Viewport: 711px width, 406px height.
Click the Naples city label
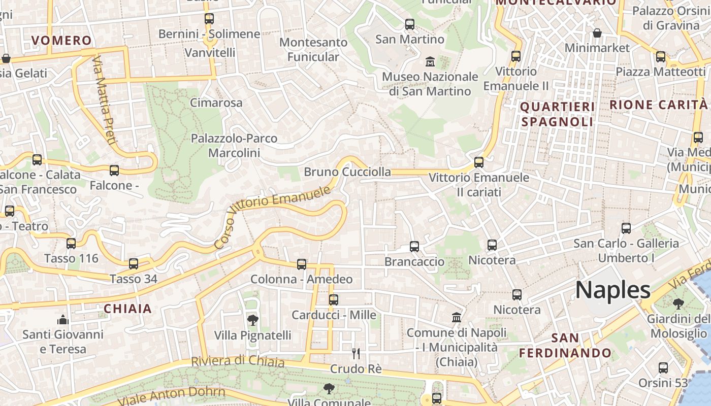click(x=612, y=290)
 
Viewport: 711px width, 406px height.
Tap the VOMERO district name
click(x=61, y=41)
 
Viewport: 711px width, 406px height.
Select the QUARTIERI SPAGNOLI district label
click(x=557, y=114)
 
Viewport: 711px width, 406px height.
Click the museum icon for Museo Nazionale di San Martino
click(x=430, y=62)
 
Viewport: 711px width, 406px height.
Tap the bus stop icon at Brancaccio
click(x=414, y=247)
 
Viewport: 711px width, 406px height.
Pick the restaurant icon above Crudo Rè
click(x=356, y=353)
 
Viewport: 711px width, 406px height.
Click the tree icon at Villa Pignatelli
click(x=252, y=320)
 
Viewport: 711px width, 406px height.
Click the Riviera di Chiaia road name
click(x=237, y=361)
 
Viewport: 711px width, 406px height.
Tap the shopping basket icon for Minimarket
click(x=597, y=33)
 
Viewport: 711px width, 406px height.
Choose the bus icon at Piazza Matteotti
click(x=661, y=57)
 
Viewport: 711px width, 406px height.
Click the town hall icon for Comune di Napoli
click(x=457, y=318)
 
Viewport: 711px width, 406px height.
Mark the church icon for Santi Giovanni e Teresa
click(x=63, y=320)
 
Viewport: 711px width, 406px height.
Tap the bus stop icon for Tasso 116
click(x=71, y=244)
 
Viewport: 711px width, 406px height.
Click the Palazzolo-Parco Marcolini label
click(x=234, y=145)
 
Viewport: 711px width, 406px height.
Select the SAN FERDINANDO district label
click(x=565, y=345)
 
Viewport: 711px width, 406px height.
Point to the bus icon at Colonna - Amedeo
click(x=302, y=264)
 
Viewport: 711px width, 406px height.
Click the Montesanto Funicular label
click(x=313, y=49)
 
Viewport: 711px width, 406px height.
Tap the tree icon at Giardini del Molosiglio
click(x=678, y=304)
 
